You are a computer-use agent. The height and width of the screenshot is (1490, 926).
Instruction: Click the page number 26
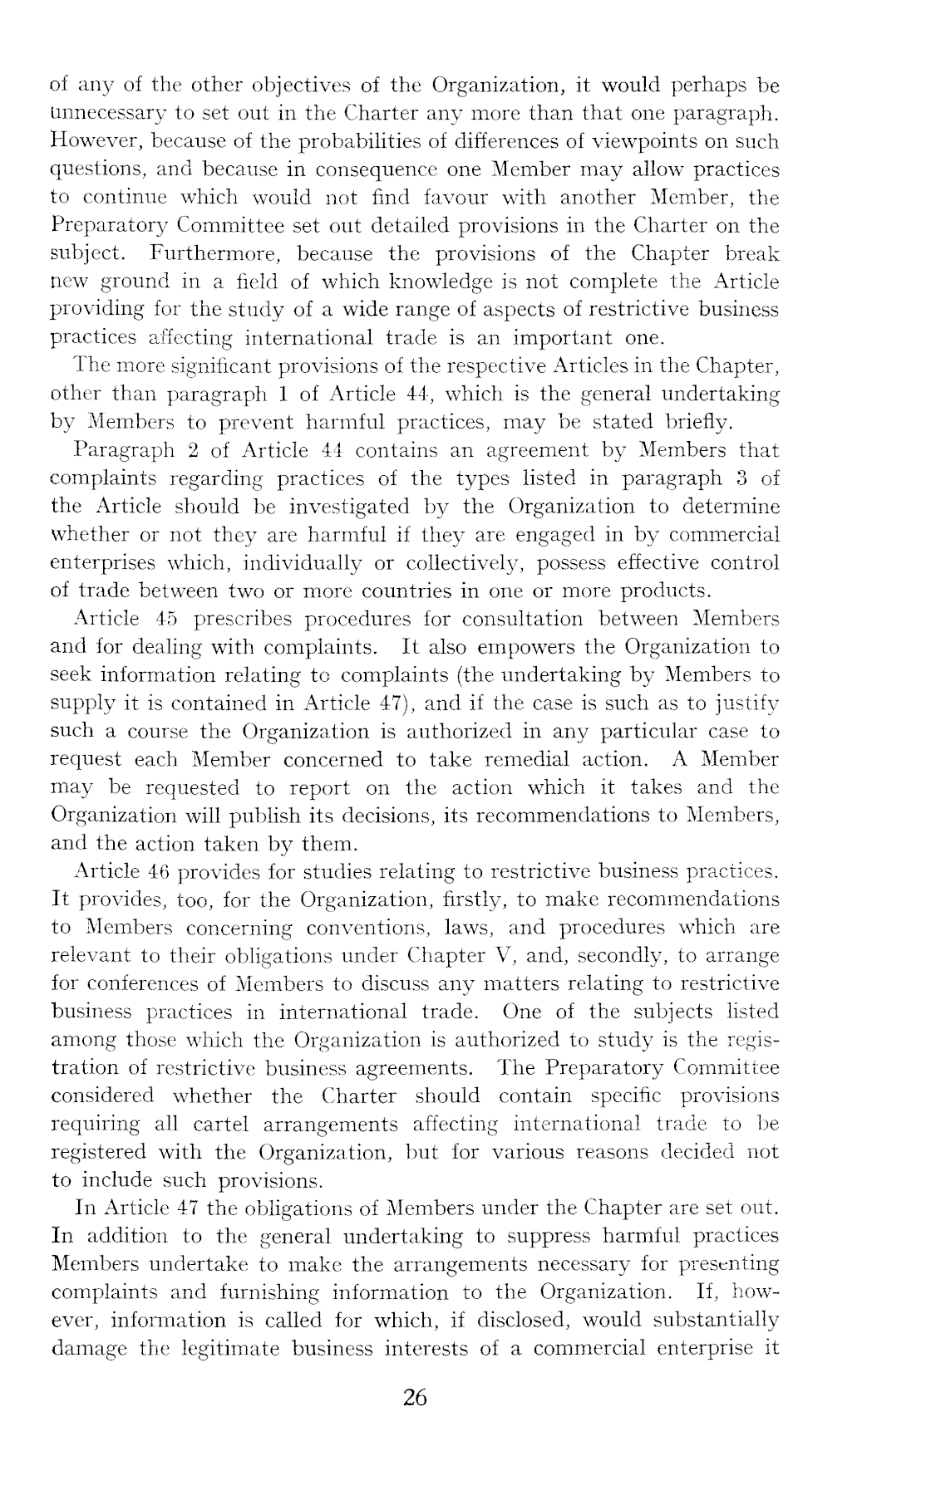(x=414, y=1398)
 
